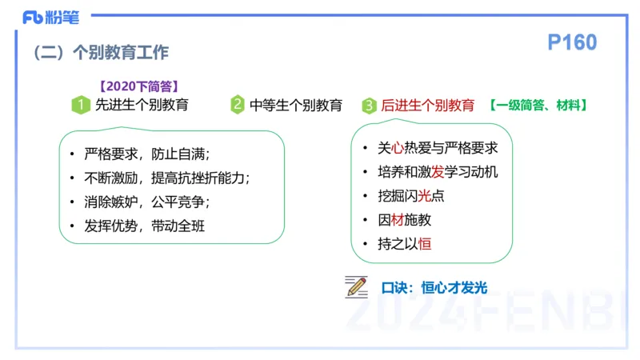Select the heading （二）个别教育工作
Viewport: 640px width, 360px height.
coord(100,53)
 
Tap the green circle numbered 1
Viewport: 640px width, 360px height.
coord(80,105)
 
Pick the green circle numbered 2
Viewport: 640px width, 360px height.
coord(238,105)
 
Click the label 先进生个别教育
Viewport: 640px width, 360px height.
coord(142,105)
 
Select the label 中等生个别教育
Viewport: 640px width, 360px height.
coord(296,105)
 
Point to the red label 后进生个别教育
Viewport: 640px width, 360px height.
coord(427,105)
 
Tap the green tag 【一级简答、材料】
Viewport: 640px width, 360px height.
coord(539,105)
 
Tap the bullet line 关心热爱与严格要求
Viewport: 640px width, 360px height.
coord(438,148)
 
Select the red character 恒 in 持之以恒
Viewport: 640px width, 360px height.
coord(425,243)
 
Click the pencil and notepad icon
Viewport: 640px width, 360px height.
coord(356,286)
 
